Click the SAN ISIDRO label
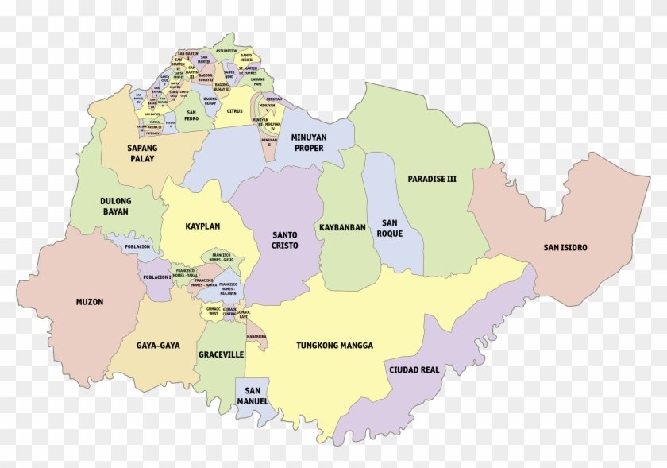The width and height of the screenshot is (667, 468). (x=565, y=247)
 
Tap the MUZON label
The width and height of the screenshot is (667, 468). (x=90, y=302)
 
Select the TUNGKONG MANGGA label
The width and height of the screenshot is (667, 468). (x=334, y=346)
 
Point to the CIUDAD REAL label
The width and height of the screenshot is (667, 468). (x=414, y=369)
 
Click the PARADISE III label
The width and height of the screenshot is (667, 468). (x=432, y=179)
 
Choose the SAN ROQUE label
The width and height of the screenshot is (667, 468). (x=390, y=228)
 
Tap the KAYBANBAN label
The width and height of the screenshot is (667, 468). (x=342, y=227)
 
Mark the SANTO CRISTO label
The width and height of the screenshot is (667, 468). (x=285, y=241)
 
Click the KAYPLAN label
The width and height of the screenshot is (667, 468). (x=202, y=226)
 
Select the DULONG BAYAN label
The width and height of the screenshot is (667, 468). (x=116, y=207)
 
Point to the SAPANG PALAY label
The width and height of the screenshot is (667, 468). (x=142, y=153)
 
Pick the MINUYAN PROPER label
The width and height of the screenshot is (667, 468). (x=310, y=142)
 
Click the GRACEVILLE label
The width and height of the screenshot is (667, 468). (x=221, y=354)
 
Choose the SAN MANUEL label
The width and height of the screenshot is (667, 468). (x=253, y=395)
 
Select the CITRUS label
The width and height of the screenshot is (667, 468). (x=234, y=111)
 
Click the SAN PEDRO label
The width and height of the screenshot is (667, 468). (x=191, y=117)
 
